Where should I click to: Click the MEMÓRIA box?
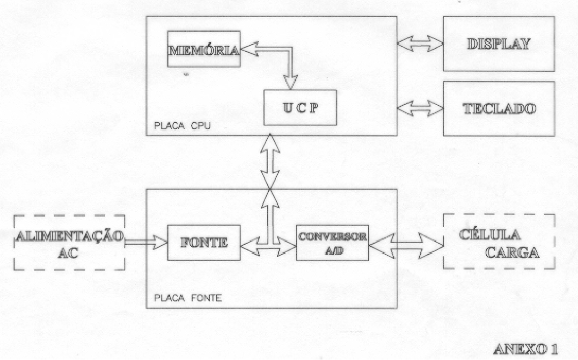204,49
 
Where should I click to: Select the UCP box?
300,108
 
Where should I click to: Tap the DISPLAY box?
499,44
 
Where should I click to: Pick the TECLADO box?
499,109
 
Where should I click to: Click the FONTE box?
204,243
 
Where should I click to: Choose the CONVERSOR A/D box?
332,243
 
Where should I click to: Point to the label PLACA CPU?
183,126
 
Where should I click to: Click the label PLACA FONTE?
188,298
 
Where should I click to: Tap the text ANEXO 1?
525,349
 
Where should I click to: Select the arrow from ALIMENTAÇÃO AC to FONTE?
147,243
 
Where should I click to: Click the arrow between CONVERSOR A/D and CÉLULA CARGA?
406,246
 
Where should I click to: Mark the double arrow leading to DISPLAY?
420,44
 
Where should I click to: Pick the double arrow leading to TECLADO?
420,108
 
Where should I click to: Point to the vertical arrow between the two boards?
270,161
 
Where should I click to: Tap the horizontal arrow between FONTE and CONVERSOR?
268,246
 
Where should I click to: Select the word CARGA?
512,252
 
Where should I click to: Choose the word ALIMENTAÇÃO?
70,236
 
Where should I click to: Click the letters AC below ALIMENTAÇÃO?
69,254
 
